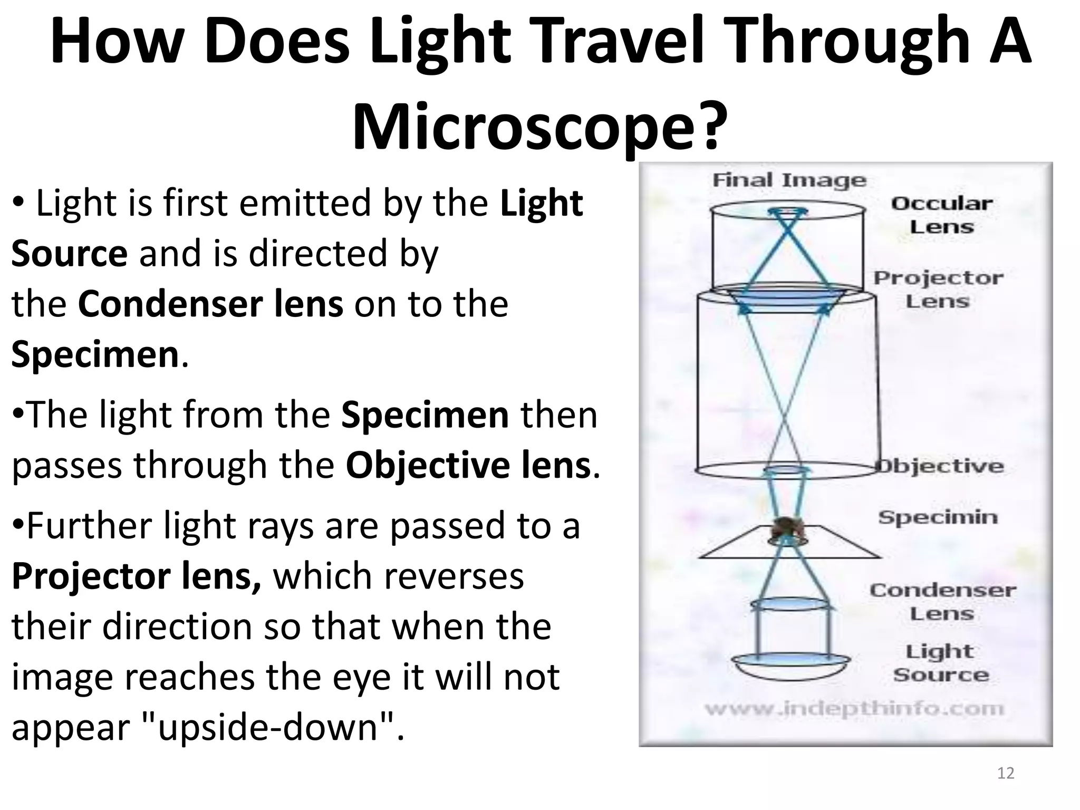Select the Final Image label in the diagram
[x=789, y=180]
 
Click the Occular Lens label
[x=942, y=215]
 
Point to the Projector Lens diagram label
[x=938, y=290]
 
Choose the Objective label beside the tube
[x=940, y=466]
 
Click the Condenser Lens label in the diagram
[x=942, y=602]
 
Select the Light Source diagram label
[x=941, y=663]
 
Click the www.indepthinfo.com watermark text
[x=854, y=708]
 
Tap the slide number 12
[x=1005, y=773]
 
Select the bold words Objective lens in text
[x=468, y=465]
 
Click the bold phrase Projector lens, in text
[x=136, y=576]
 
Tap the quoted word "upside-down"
[x=269, y=727]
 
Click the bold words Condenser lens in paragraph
[x=210, y=304]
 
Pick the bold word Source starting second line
[x=69, y=254]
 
